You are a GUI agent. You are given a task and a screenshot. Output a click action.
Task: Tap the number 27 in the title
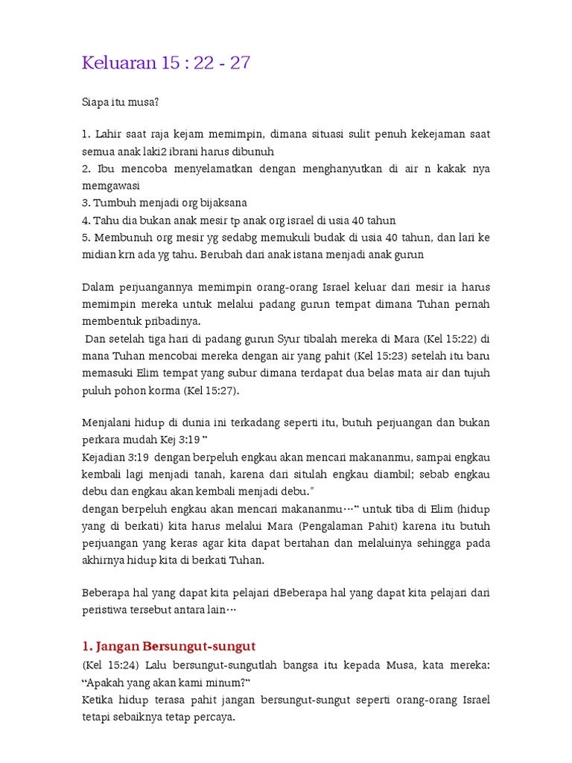(x=240, y=63)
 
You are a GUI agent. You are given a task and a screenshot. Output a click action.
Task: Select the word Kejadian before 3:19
(x=106, y=456)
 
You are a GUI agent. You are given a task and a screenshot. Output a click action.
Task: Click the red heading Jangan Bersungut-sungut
(x=169, y=645)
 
